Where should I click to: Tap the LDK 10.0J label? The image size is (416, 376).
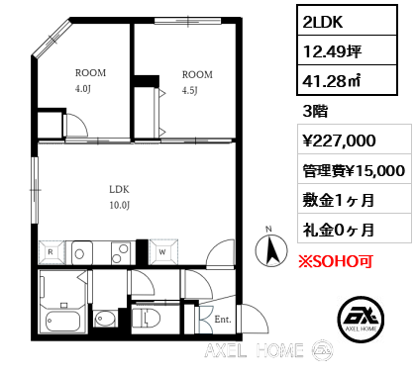120,197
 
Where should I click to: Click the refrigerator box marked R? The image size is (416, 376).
51,251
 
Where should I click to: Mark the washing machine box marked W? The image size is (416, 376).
162,251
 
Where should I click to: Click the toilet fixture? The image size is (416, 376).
147,318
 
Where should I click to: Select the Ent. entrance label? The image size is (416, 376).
222,319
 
